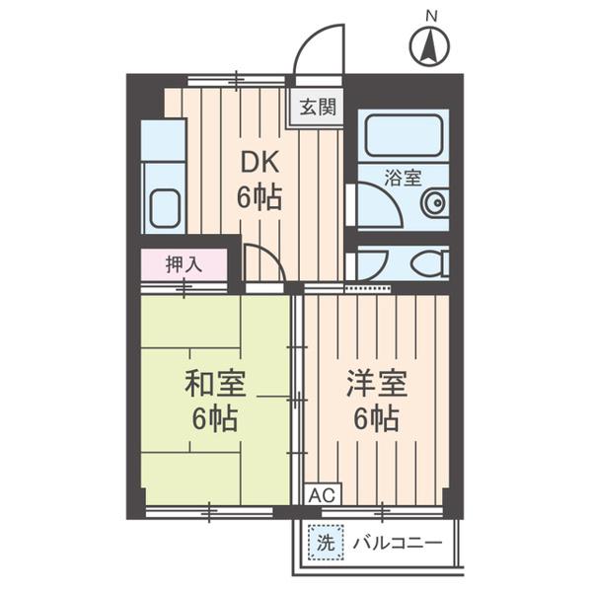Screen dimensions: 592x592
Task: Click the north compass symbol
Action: pyautogui.click(x=429, y=44)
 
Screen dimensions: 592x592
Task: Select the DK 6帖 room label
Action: pyautogui.click(x=259, y=180)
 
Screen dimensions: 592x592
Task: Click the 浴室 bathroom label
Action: pyautogui.click(x=403, y=179)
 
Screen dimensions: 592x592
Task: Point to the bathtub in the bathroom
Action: pyautogui.click(x=403, y=136)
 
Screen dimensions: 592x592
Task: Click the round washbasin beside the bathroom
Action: pyautogui.click(x=433, y=204)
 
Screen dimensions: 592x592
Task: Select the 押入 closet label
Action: pyautogui.click(x=184, y=264)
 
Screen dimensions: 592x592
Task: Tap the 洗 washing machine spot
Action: pyautogui.click(x=325, y=542)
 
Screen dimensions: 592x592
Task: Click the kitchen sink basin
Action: pyautogui.click(x=164, y=207)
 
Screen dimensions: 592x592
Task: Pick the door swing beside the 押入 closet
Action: pyautogui.click(x=262, y=263)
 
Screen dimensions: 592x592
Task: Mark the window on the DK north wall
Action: pyautogui.click(x=237, y=80)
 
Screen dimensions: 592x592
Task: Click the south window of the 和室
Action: pyautogui.click(x=209, y=511)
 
